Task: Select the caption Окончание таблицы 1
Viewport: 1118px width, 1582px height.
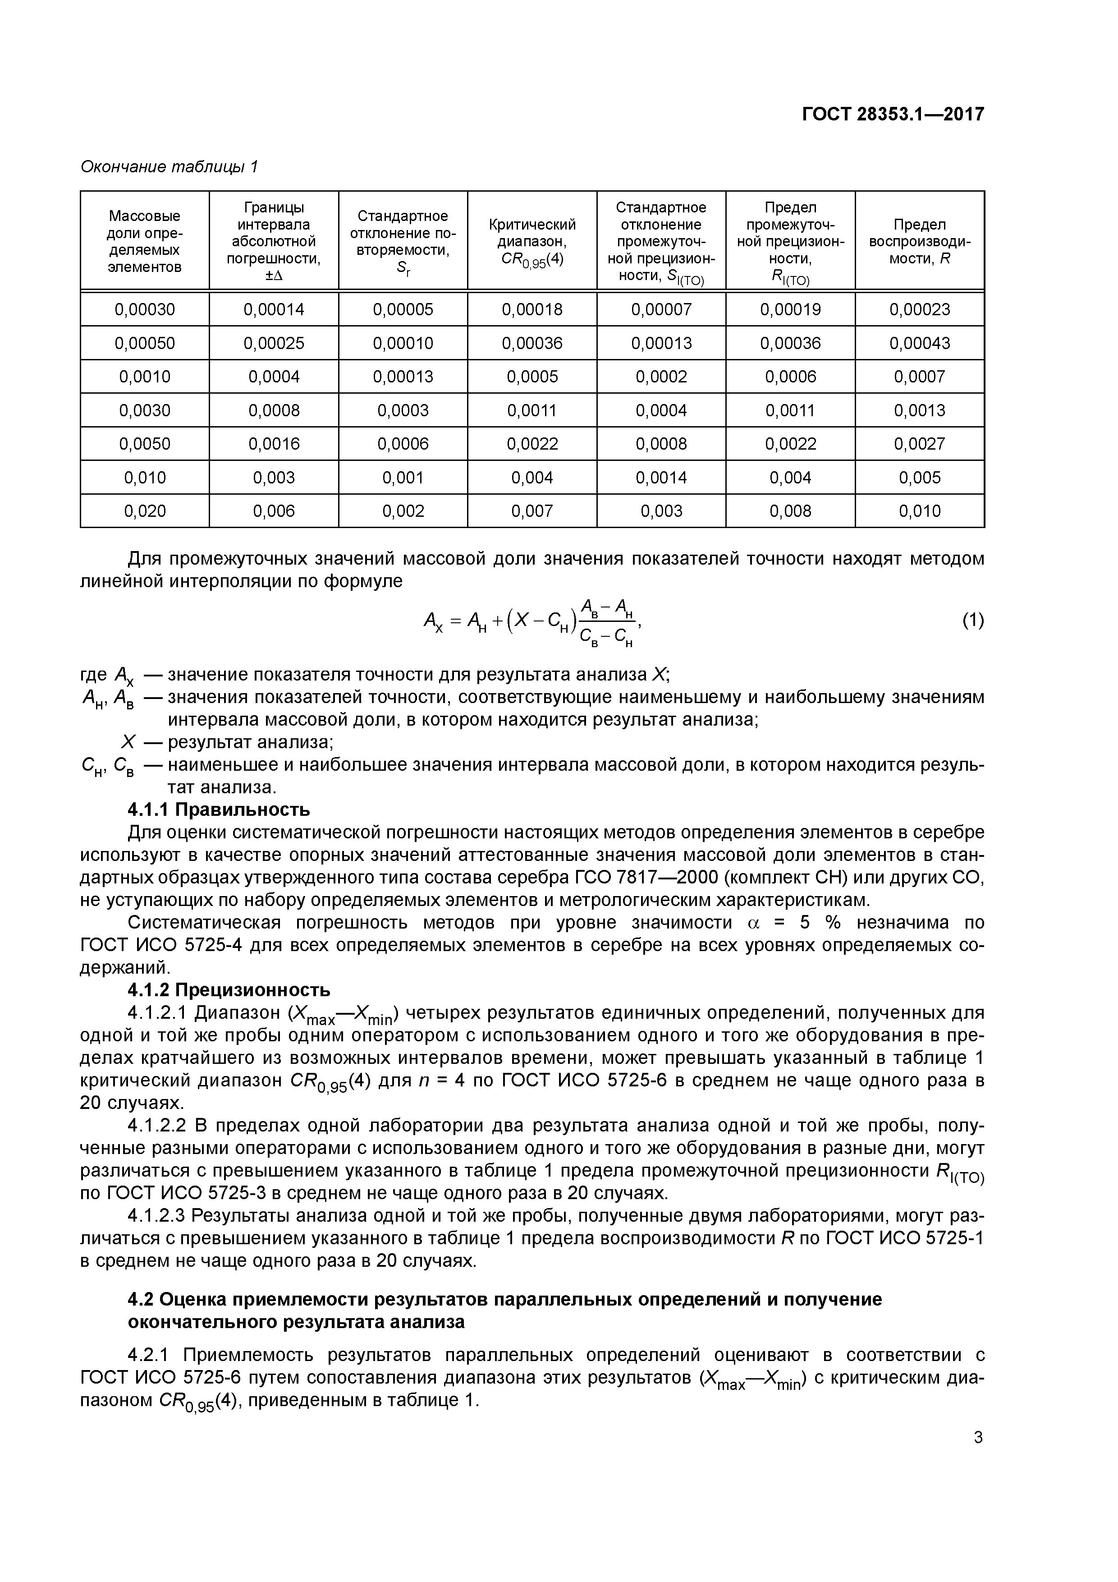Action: (x=170, y=167)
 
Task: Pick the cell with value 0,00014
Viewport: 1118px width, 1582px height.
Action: (x=274, y=309)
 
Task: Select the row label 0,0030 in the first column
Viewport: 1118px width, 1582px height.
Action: (x=145, y=411)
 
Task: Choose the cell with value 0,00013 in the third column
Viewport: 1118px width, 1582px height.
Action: (x=403, y=377)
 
